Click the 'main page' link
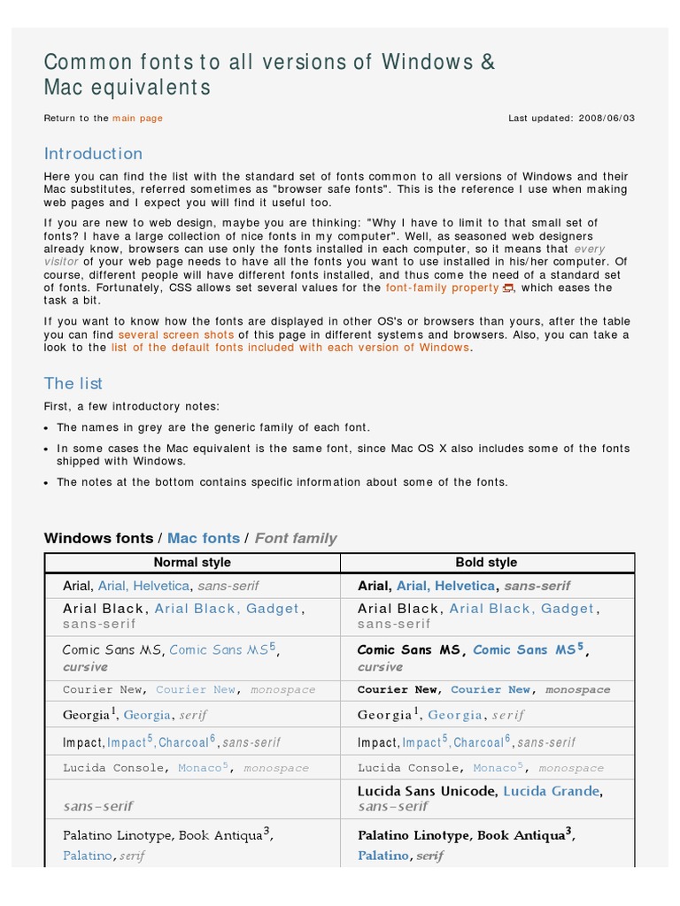137,118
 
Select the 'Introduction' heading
93,153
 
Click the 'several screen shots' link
176,335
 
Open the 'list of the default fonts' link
290,348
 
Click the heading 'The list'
73,383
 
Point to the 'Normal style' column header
192,563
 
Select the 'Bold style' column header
486,563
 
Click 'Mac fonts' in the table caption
204,538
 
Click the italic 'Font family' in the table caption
296,538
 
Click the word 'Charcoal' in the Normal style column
184,742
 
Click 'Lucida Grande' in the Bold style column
551,791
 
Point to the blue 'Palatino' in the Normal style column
88,856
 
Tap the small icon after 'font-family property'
507,288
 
